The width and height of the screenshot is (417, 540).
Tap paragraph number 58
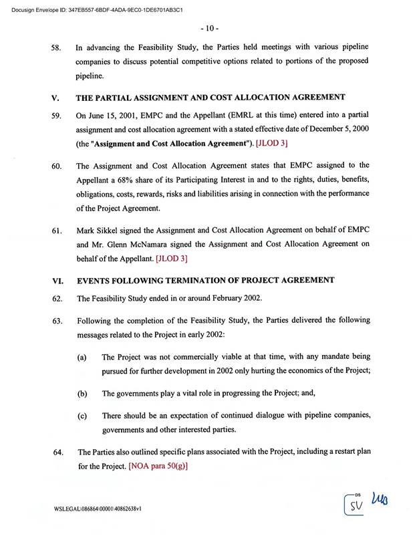57,49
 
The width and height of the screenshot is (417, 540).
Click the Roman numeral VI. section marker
57,281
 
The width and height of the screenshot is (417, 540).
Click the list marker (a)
82,358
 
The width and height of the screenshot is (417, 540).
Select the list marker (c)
82,416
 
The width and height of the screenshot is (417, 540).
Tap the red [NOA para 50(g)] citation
158,466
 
